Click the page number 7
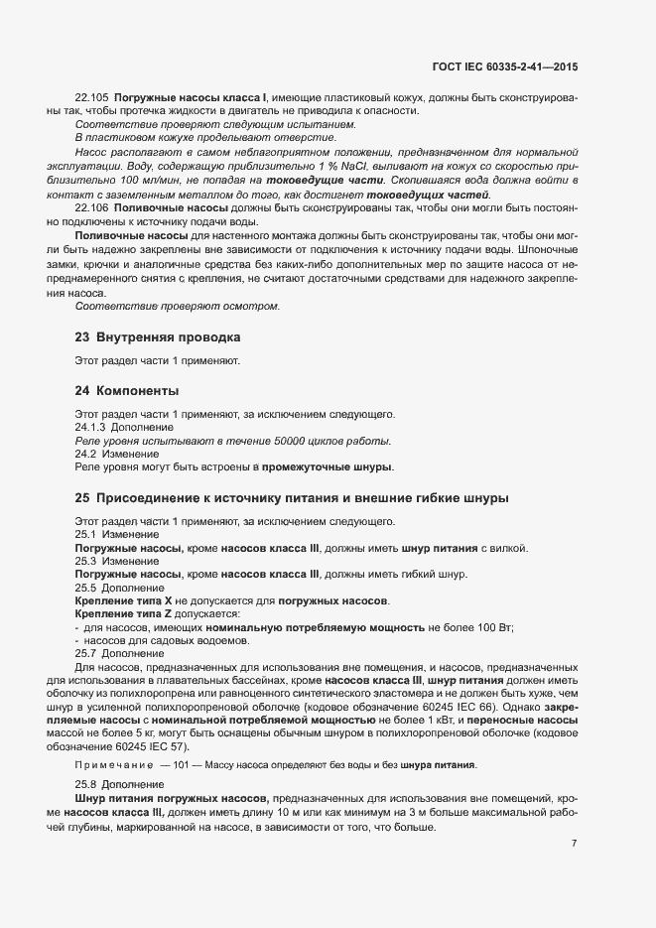(x=575, y=844)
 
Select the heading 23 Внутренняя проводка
(x=158, y=336)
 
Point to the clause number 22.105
(x=91, y=98)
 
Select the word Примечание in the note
(x=109, y=765)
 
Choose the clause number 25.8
(x=85, y=785)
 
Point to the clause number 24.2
(x=85, y=454)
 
